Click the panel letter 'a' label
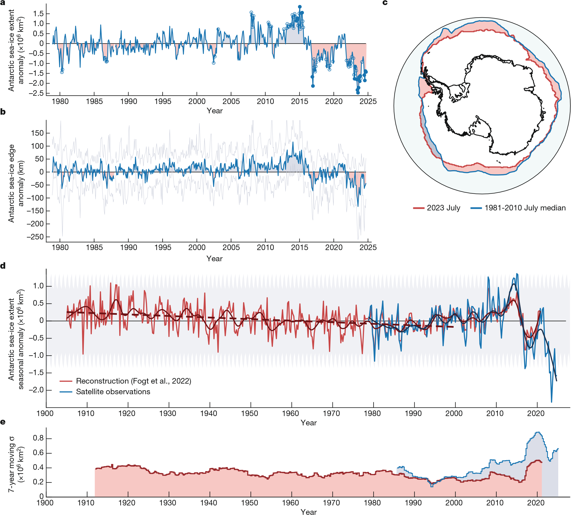[3, 3]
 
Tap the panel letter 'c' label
[385, 3]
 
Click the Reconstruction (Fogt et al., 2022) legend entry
[133, 381]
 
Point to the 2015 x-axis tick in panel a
[299, 101]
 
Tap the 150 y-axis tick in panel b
[37, 133]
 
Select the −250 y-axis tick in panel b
[35, 237]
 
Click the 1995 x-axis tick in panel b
[163, 247]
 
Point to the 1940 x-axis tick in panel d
[209, 413]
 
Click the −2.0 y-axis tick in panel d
[36, 390]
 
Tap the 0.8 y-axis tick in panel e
[38, 438]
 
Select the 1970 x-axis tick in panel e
[331, 503]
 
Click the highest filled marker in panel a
[300, 7]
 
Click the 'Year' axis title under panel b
[214, 259]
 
